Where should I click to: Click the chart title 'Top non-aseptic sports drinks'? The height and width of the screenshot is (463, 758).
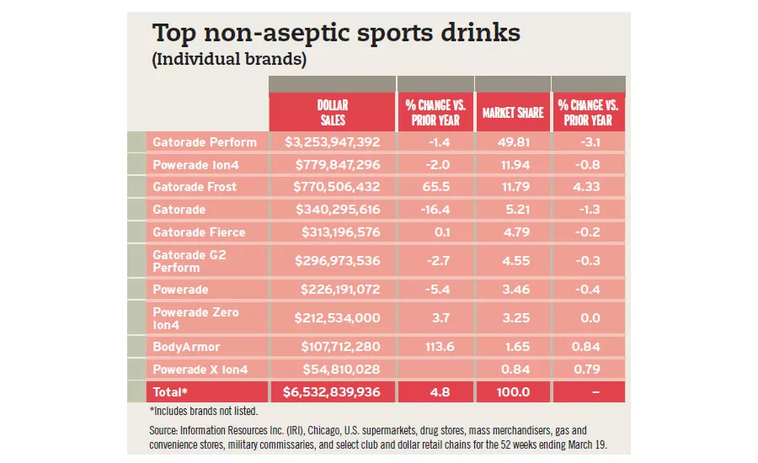[335, 35]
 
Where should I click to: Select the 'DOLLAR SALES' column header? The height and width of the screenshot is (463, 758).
[332, 113]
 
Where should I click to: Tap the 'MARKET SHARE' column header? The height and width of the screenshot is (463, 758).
[511, 113]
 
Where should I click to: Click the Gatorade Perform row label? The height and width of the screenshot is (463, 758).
[205, 142]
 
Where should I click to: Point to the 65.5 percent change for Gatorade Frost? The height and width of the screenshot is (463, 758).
[435, 187]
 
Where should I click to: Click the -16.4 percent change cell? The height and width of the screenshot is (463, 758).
[435, 210]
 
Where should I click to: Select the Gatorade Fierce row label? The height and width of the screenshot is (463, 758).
[199, 232]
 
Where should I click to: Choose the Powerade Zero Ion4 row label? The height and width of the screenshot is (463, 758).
[195, 318]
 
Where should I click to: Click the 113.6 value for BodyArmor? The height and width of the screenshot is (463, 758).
[435, 346]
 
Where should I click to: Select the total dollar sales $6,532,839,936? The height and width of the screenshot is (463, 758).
[332, 391]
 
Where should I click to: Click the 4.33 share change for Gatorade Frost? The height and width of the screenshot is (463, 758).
[588, 187]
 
